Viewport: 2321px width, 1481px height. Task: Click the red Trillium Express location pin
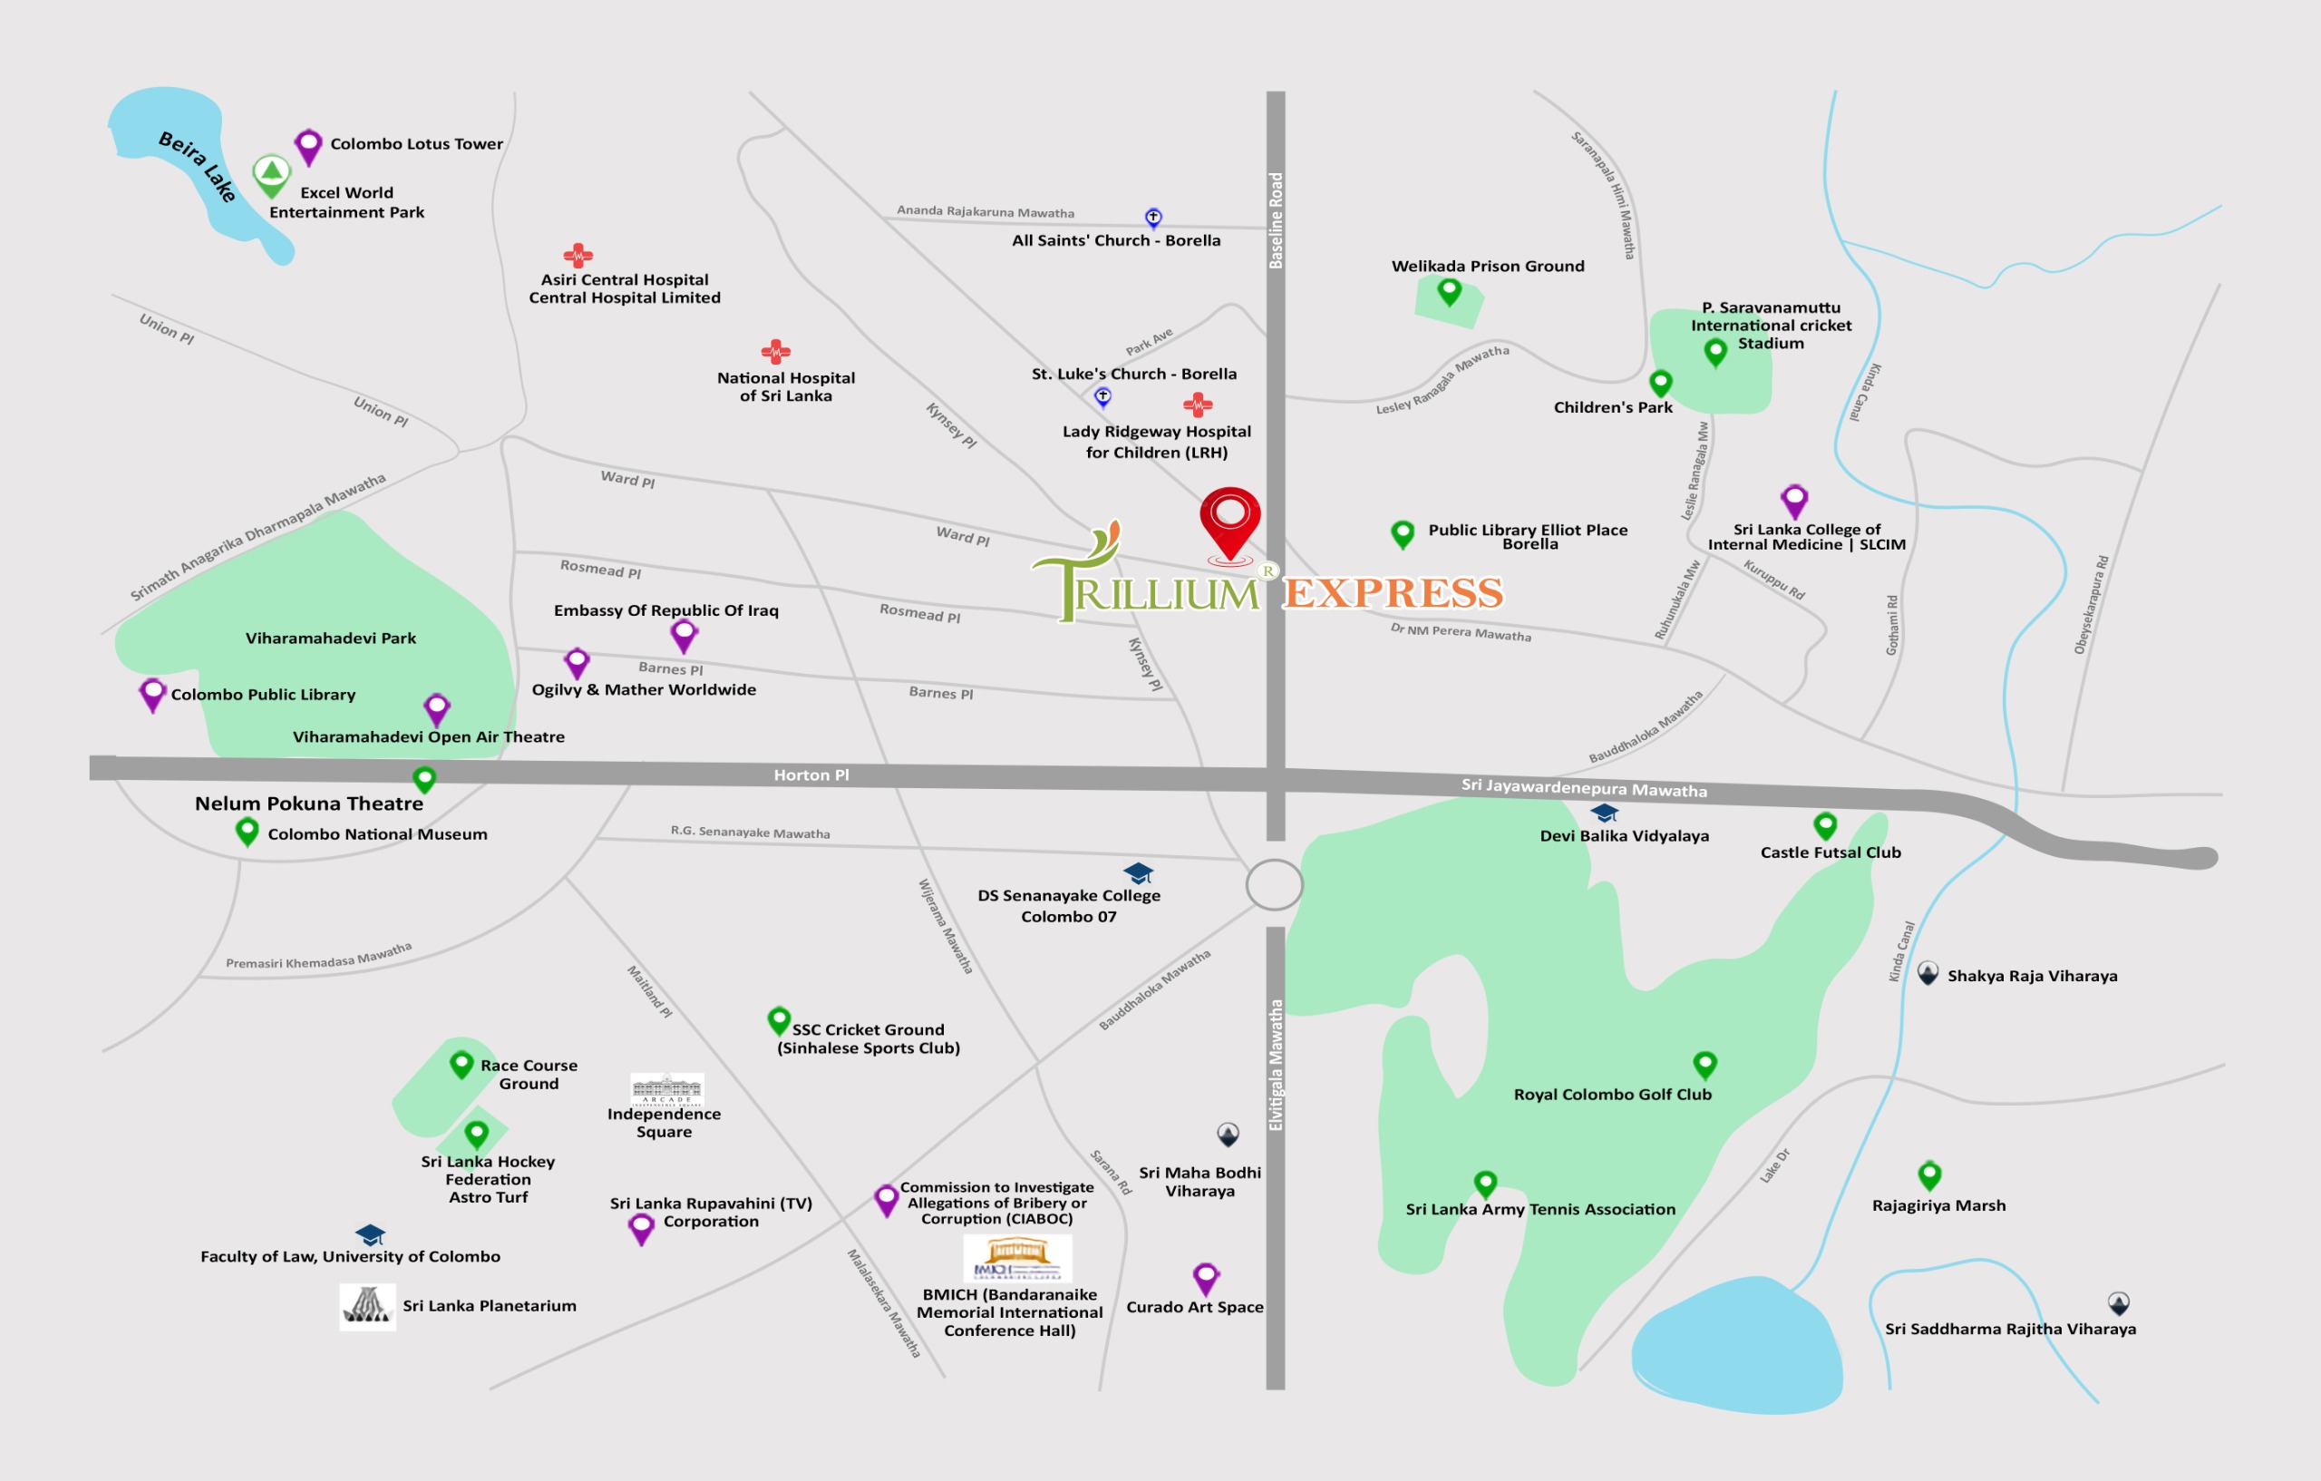click(x=1230, y=521)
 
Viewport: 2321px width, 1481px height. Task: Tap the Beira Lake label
click(x=198, y=166)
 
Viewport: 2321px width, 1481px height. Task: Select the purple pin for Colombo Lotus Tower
click(x=307, y=147)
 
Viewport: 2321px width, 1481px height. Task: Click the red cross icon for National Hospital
click(x=776, y=351)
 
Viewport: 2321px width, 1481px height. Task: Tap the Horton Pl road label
click(x=811, y=775)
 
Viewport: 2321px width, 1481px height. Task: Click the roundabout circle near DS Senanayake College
click(x=1274, y=884)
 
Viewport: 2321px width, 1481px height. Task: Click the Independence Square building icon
click(x=667, y=1088)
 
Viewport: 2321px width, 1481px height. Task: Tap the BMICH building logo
click(x=1017, y=1258)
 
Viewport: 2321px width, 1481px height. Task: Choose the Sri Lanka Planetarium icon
click(x=367, y=1307)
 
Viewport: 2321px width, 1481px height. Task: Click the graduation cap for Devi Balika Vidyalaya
click(x=1604, y=813)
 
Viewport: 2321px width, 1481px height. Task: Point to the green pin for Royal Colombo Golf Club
click(x=1704, y=1065)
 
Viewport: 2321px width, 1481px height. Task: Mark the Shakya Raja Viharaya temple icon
click(x=1927, y=974)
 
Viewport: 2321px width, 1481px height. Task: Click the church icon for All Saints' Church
click(x=1152, y=218)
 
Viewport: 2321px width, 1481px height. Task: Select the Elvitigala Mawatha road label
click(x=1276, y=1065)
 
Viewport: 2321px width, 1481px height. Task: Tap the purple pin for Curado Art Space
click(x=1206, y=1279)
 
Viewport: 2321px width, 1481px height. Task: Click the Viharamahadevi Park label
click(x=331, y=638)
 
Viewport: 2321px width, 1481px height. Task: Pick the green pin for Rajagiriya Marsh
click(x=1928, y=1174)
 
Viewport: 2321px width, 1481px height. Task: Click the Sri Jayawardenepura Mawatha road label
click(x=1584, y=788)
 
